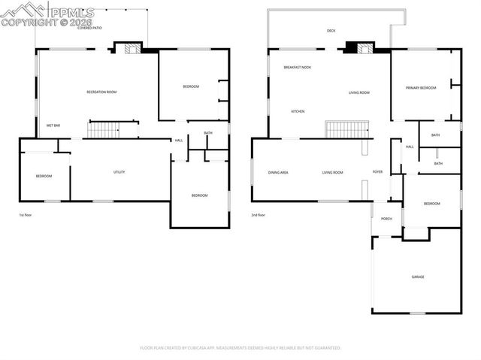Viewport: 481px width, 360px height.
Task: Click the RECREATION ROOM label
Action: (x=101, y=92)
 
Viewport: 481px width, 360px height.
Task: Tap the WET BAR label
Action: (x=53, y=125)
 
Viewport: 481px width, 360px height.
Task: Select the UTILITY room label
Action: (x=119, y=172)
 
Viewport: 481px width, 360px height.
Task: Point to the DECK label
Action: (x=331, y=31)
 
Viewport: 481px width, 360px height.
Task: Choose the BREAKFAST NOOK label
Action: (x=298, y=68)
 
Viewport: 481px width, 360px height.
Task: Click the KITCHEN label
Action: (x=298, y=111)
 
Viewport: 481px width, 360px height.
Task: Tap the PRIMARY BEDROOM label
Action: (x=421, y=88)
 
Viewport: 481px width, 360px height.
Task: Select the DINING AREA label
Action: (x=278, y=172)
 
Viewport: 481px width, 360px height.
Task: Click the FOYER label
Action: (x=377, y=172)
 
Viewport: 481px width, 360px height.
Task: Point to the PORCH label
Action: (x=386, y=219)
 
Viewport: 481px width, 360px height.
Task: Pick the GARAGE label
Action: (x=417, y=277)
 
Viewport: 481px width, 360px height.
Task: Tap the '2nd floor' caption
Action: (x=259, y=215)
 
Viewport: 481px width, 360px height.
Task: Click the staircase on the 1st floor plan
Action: (x=104, y=130)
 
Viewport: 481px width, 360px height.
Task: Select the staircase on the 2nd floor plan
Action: (x=346, y=130)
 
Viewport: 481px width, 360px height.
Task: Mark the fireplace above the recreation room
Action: (x=129, y=49)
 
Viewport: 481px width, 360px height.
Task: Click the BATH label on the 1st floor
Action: (x=207, y=134)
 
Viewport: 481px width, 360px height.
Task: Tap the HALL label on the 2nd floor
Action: (x=410, y=147)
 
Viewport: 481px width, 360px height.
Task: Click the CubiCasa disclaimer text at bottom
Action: (x=240, y=348)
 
